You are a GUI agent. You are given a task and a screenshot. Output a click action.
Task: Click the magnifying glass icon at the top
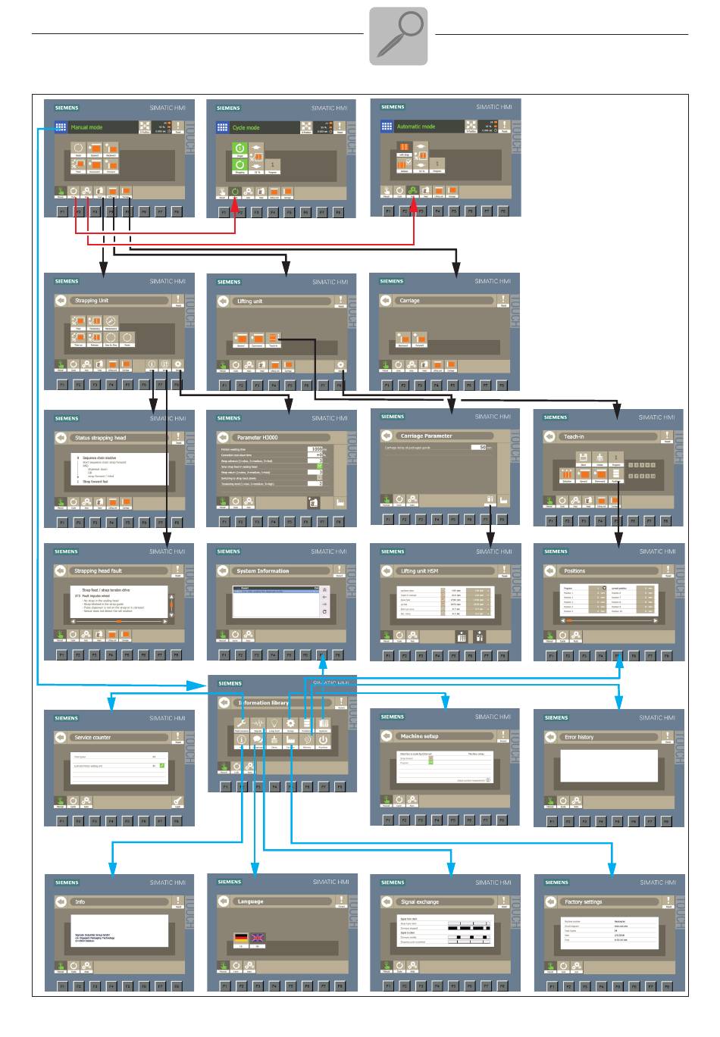[399, 36]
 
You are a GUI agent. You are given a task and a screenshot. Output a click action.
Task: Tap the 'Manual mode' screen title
[86, 127]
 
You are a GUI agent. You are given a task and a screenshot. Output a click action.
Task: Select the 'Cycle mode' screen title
[246, 128]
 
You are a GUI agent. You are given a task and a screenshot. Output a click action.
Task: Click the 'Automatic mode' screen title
[416, 127]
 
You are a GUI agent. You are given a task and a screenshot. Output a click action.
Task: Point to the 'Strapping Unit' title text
[92, 301]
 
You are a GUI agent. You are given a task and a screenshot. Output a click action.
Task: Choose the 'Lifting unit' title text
[250, 301]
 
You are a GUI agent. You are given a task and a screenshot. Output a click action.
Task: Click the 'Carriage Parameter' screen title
[427, 436]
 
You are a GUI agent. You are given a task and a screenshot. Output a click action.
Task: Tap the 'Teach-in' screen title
[574, 437]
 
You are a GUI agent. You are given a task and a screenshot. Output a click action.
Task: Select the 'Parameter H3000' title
[258, 438]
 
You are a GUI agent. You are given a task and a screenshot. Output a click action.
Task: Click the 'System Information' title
[262, 571]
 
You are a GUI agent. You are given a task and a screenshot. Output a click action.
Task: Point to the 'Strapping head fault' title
[99, 571]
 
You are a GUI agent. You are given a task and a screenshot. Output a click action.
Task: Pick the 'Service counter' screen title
[92, 737]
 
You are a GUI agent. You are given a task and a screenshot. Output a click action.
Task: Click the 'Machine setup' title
[420, 736]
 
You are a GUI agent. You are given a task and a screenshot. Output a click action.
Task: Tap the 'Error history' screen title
[579, 737]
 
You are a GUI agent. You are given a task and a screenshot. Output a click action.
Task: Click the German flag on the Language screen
[241, 938]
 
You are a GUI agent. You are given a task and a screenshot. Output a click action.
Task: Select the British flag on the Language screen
[258, 938]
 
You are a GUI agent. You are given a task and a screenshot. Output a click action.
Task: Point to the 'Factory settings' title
[584, 902]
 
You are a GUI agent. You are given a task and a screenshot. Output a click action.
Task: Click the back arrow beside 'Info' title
[61, 902]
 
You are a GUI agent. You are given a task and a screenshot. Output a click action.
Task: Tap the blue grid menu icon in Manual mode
[60, 127]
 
